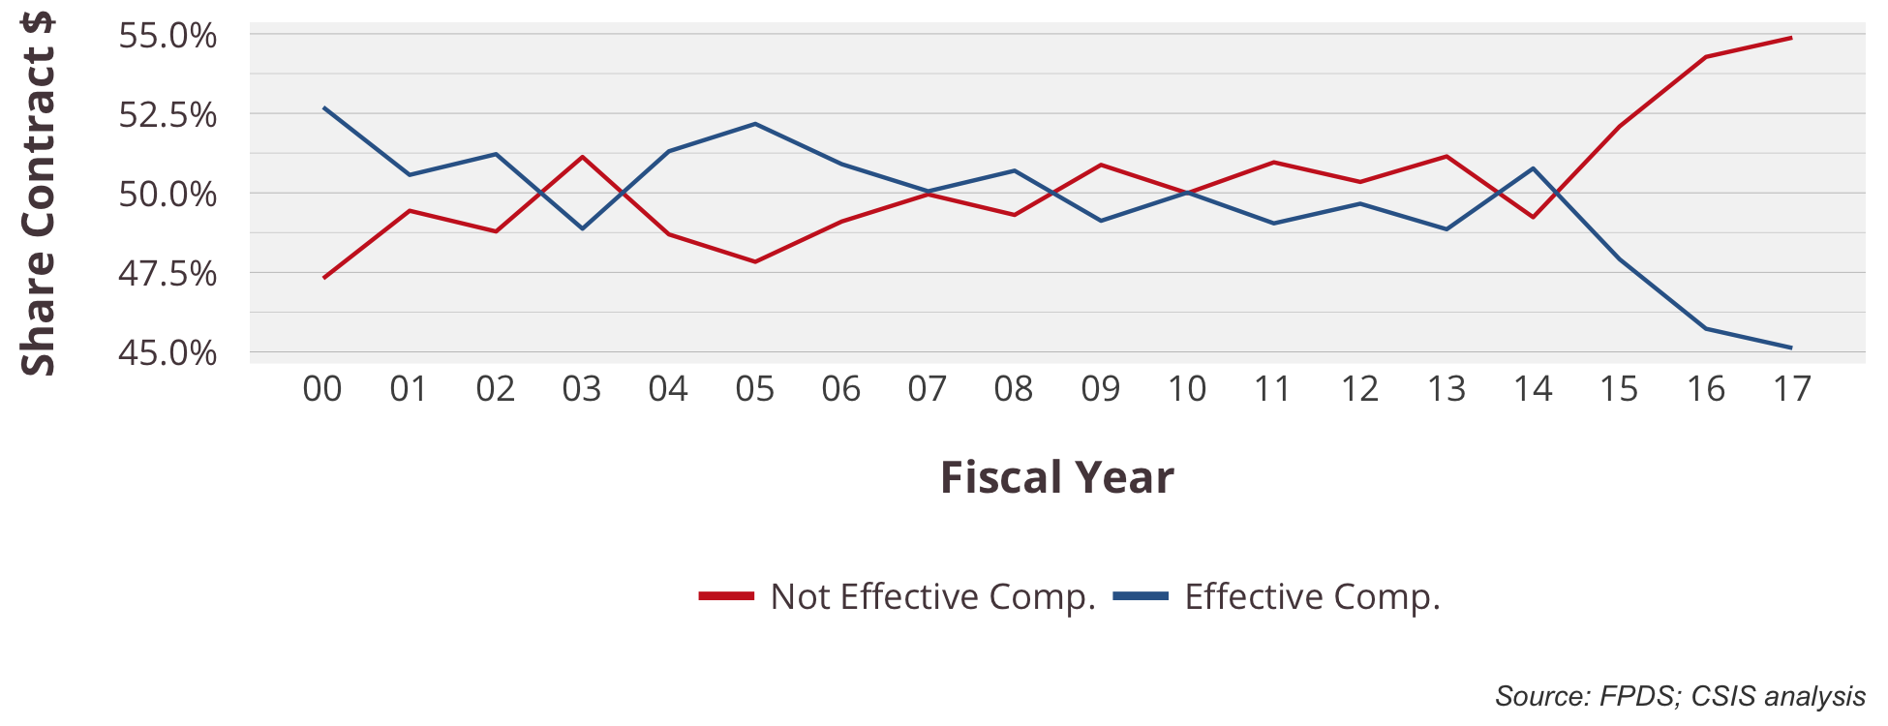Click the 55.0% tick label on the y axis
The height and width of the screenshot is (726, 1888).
(167, 36)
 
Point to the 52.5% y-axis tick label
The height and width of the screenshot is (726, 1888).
(167, 115)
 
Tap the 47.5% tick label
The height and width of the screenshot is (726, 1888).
(167, 274)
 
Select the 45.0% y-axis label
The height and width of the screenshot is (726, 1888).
(167, 353)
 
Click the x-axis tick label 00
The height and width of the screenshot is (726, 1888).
(322, 389)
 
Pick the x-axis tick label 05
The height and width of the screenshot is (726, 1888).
(754, 389)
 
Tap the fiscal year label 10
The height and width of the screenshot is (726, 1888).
(1186, 389)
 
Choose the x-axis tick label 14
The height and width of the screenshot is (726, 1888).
(1533, 389)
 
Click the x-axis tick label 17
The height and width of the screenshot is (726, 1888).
(1791, 389)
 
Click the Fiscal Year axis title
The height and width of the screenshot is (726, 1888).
(1057, 477)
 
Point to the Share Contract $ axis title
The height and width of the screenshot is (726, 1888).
(39, 194)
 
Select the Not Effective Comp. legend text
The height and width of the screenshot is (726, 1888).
(932, 596)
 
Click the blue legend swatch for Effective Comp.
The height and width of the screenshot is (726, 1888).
(1141, 596)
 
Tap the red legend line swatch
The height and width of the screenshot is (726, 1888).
(726, 596)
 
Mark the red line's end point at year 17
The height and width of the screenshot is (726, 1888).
(1791, 38)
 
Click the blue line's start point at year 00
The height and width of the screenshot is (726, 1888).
(323, 107)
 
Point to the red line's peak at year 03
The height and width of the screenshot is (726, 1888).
(582, 157)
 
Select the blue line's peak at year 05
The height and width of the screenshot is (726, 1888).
(754, 124)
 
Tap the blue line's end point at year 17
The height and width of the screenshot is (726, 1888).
(1791, 348)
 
